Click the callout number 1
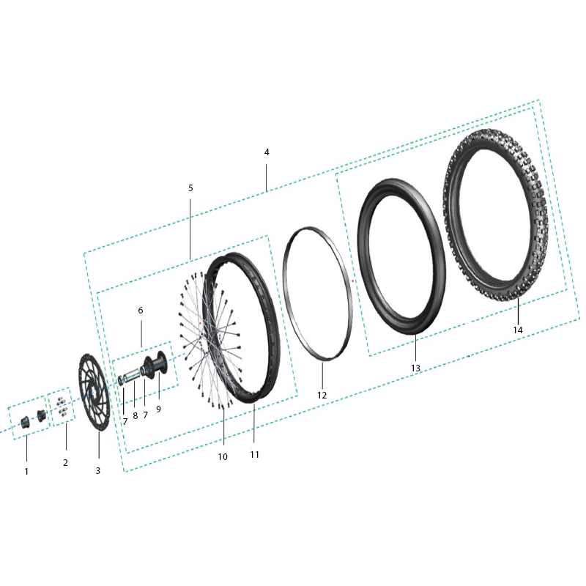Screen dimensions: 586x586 [26, 471]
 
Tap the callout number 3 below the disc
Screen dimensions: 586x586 [97, 471]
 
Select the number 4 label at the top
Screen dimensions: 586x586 [267, 152]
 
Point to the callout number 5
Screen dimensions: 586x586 [190, 188]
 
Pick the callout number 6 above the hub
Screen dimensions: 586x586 [141, 311]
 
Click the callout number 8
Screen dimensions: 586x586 [135, 415]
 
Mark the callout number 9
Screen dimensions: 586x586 [158, 409]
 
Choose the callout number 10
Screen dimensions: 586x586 [223, 456]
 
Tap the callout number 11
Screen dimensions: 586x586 [254, 454]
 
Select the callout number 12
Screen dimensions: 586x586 [322, 395]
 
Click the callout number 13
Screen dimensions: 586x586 [415, 368]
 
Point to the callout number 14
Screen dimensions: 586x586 [518, 330]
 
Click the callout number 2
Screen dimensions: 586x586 [65, 462]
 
